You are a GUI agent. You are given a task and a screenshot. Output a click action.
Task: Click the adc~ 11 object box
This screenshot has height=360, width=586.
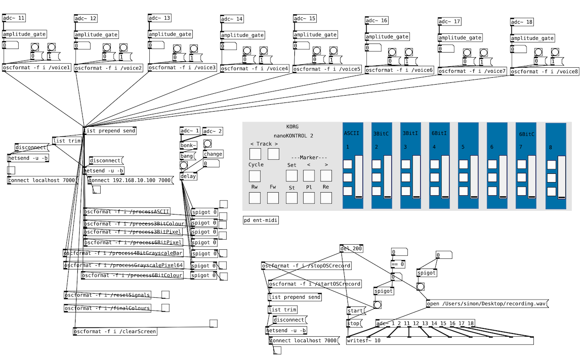coord(14,18)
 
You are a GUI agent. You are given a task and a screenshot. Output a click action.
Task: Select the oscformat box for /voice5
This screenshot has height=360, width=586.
coord(327,69)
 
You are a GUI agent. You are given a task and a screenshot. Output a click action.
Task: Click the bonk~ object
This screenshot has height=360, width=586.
coord(188,145)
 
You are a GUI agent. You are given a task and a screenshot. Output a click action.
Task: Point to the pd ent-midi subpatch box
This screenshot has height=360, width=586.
coord(260,220)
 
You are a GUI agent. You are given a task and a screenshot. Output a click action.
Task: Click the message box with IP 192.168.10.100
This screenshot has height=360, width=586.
coord(130,180)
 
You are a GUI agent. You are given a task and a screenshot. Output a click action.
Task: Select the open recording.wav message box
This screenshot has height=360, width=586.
coord(487,303)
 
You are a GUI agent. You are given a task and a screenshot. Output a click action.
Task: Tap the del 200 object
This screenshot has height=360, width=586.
coord(351,249)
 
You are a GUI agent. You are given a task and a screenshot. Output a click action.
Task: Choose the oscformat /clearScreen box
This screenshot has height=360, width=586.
coord(115,331)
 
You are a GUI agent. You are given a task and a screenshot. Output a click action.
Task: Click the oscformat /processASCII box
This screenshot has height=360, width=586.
coord(127,212)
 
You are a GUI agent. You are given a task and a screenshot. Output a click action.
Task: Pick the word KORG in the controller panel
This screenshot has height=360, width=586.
coord(292,127)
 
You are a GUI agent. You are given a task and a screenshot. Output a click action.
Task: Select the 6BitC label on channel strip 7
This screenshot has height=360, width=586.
coord(527,134)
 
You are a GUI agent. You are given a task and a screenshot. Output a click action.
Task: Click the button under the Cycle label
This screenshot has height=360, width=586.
coord(255,176)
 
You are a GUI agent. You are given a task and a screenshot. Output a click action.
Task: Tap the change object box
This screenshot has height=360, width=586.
coord(213,154)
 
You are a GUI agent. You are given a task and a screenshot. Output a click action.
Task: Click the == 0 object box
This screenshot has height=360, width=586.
coord(398,264)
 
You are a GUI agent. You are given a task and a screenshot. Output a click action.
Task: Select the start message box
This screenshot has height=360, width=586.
coord(355,311)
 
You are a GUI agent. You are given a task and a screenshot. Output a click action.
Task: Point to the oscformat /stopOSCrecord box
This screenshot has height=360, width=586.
coord(306,266)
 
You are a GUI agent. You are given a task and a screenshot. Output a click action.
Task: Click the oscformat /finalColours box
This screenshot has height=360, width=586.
coord(107,308)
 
